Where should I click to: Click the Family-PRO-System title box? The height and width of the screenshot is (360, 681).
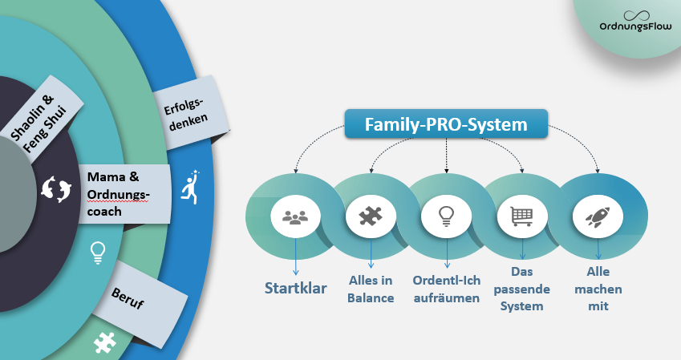(x=446, y=124)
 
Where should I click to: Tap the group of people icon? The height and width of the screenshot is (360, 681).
(x=295, y=216)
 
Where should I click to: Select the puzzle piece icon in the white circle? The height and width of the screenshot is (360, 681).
(x=371, y=216)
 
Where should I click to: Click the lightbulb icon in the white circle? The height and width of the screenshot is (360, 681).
(x=446, y=216)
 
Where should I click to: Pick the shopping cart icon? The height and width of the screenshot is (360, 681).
(x=521, y=216)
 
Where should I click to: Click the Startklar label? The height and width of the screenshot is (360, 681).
(x=295, y=288)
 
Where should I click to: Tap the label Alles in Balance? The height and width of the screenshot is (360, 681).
(x=371, y=289)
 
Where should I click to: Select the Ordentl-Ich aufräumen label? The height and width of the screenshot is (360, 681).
(x=447, y=289)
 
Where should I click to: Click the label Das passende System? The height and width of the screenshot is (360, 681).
(x=521, y=289)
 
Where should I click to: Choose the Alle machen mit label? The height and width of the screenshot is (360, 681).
(x=598, y=289)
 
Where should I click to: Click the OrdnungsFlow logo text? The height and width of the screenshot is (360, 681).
(x=635, y=26)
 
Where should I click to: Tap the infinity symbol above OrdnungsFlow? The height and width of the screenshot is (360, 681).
(x=636, y=15)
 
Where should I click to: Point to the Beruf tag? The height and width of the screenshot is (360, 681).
(x=139, y=304)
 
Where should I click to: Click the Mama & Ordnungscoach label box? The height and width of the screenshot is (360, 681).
(x=124, y=194)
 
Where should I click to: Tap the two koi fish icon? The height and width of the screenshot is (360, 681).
(x=56, y=189)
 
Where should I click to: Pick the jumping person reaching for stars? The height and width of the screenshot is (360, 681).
(x=190, y=187)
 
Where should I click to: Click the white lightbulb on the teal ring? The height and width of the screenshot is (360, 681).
(x=98, y=253)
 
